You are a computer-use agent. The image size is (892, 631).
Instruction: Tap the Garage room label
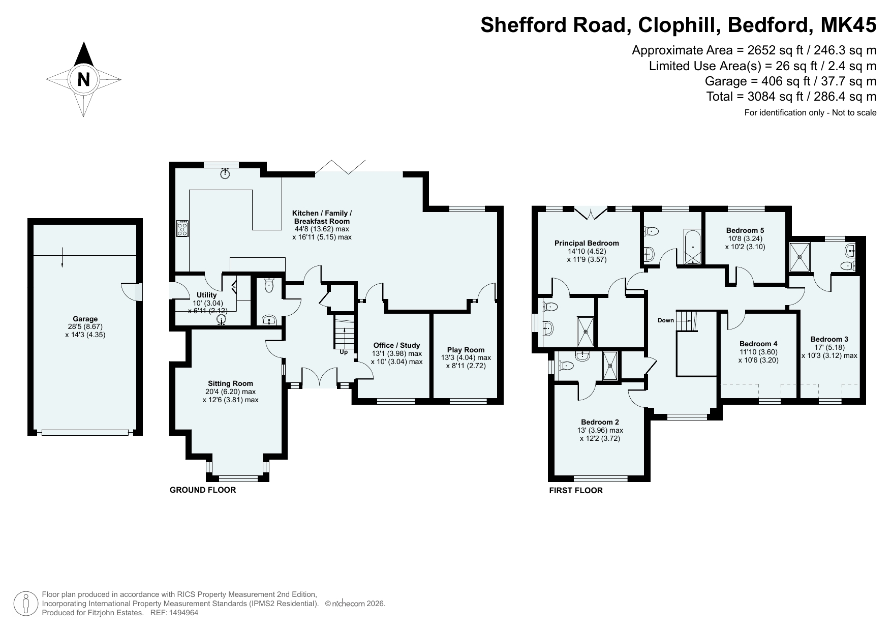tap(85, 319)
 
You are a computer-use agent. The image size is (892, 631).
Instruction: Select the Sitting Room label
tap(230, 383)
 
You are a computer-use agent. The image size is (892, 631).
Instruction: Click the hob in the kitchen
tap(182, 228)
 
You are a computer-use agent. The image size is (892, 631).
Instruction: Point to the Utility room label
tap(206, 295)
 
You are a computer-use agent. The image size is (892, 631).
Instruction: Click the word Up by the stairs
tap(344, 352)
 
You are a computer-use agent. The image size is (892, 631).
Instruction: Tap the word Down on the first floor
tap(665, 320)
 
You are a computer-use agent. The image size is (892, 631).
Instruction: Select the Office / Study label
tap(396, 345)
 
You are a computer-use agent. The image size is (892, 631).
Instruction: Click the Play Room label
tap(466, 350)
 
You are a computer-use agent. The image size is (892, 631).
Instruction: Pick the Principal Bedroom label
tap(587, 243)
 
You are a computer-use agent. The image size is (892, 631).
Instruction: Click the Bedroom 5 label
tap(745, 230)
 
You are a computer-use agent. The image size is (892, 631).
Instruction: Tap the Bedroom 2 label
tap(600, 422)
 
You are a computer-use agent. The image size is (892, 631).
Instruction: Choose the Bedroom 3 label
tap(829, 339)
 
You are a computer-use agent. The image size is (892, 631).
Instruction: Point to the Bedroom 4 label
tap(758, 343)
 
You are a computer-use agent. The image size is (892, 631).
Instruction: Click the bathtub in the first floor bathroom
tap(693, 248)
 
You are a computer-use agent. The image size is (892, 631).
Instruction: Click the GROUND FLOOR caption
tap(203, 490)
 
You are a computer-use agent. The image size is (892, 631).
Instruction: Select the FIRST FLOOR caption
tap(576, 491)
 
